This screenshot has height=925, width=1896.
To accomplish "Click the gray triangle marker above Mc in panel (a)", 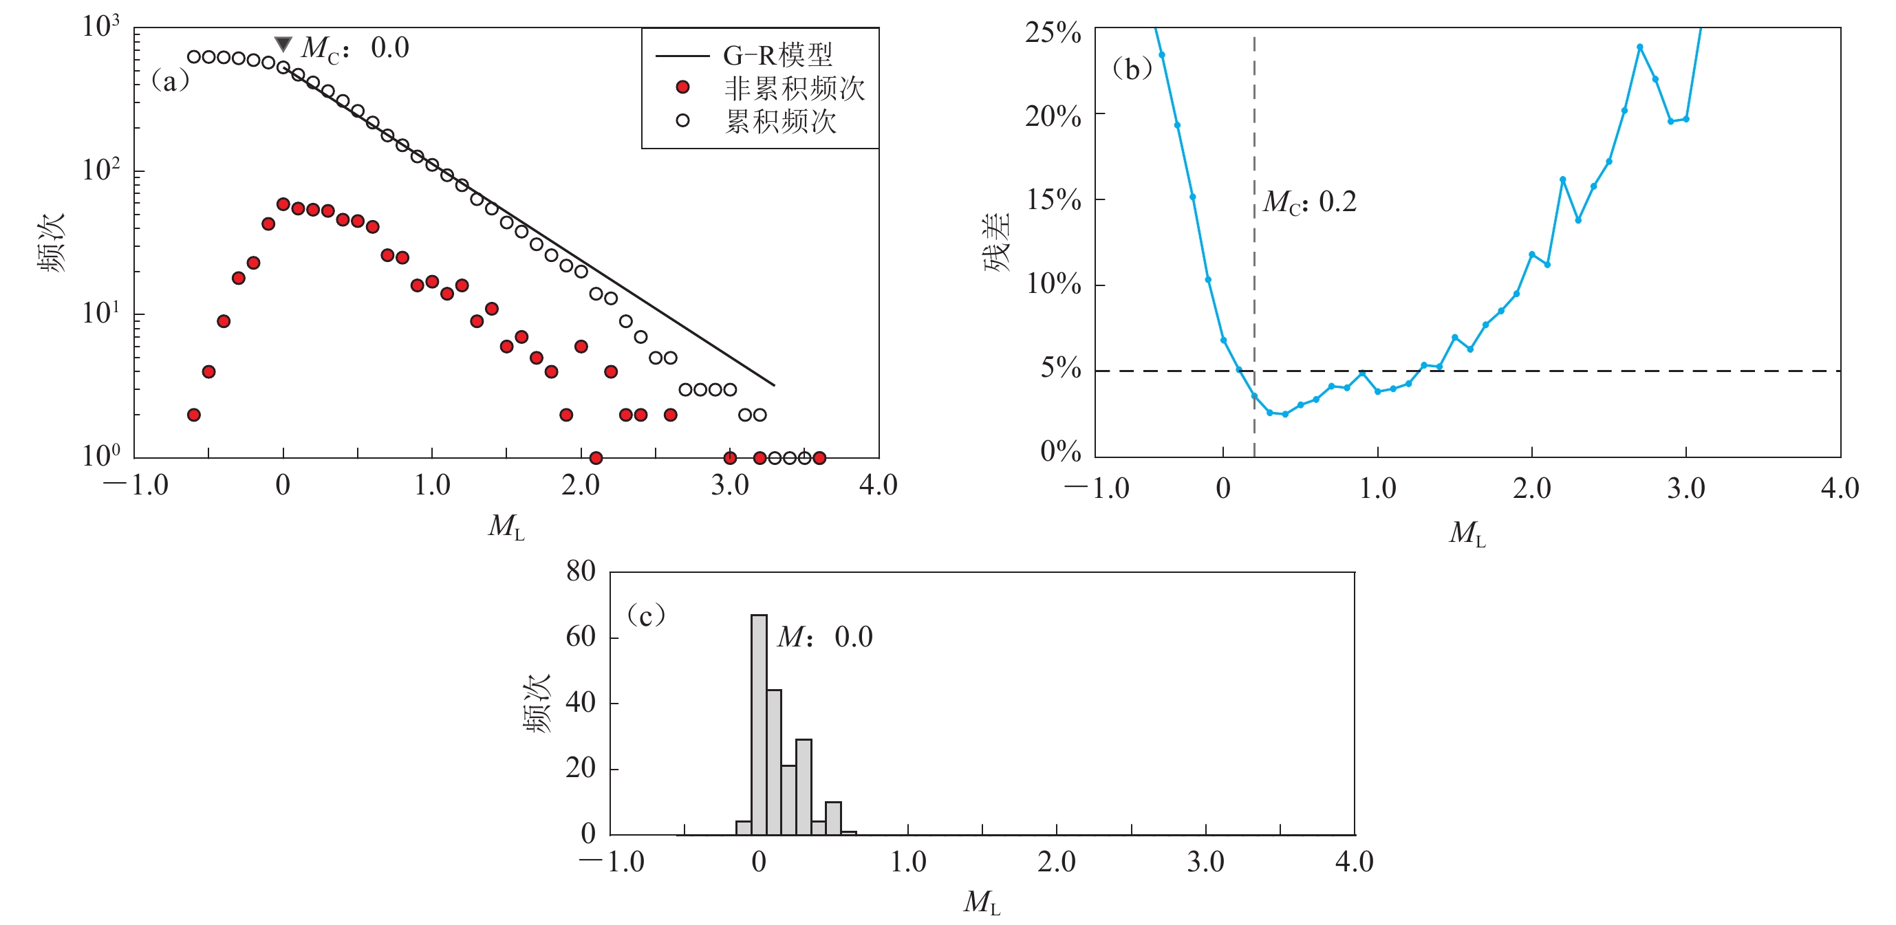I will (x=283, y=45).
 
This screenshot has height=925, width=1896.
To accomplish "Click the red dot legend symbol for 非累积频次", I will (x=682, y=87).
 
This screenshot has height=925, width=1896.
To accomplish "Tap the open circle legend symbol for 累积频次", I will (x=682, y=120).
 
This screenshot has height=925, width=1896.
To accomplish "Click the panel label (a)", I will (x=170, y=81).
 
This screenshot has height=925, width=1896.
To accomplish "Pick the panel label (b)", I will (x=1132, y=69).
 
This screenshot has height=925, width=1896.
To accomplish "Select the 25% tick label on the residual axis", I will (x=1053, y=33).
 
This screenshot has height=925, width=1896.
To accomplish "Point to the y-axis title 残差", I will (x=998, y=243).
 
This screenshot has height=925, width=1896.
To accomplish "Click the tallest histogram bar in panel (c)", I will (x=759, y=725).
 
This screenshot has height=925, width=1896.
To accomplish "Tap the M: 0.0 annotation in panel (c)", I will (x=824, y=638).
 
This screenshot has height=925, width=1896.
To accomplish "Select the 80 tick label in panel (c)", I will (x=581, y=572).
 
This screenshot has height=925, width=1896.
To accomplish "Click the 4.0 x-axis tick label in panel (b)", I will (x=1840, y=488).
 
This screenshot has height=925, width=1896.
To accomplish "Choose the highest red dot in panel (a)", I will (x=283, y=204).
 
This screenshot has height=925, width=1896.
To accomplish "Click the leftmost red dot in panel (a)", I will (x=193, y=415).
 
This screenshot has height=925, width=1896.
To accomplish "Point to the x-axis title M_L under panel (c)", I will (x=982, y=902).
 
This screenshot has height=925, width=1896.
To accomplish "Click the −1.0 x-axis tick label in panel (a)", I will (x=136, y=486).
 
